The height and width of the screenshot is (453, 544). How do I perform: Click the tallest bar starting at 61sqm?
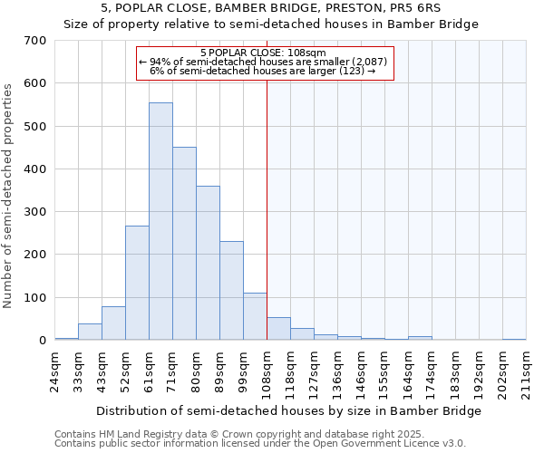[x=160, y=222]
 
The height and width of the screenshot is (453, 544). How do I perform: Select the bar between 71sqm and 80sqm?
[x=184, y=244]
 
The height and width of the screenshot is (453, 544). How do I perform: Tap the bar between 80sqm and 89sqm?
[x=208, y=263]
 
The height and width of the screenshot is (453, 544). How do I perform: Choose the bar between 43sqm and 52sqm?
[x=113, y=323]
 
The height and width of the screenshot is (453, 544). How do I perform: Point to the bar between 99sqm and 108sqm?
[x=255, y=316]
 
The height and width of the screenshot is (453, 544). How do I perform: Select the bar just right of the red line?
[x=278, y=329]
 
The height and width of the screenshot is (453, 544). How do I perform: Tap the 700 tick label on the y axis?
[x=35, y=41]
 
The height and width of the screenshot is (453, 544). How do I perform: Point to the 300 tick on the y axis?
[x=35, y=212]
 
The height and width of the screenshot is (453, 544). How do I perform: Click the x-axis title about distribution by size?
[x=288, y=411]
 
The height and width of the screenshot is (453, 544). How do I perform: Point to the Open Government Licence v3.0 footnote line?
[x=260, y=444]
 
